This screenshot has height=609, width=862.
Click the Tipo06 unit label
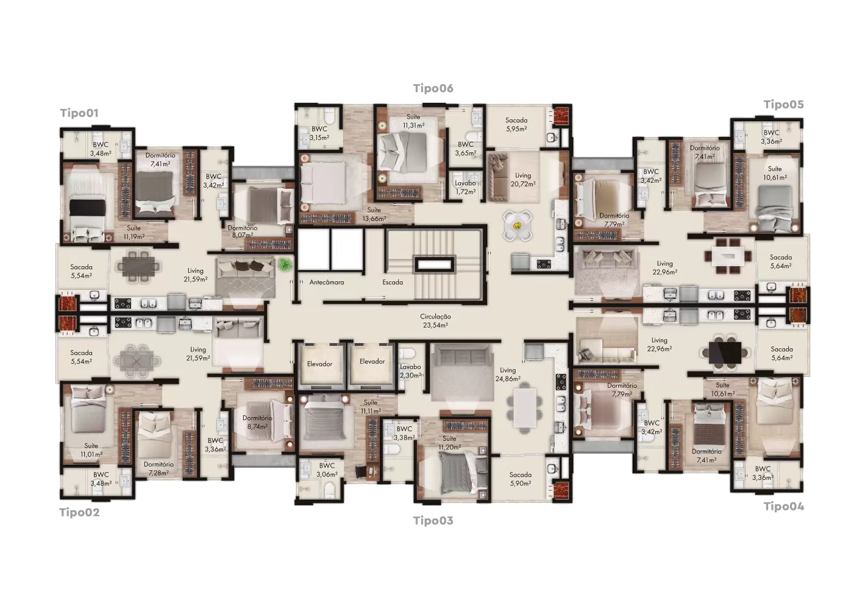pos(433,88)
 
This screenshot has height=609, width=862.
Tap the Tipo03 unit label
pos(433,521)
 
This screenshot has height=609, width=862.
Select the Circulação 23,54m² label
pos(435,321)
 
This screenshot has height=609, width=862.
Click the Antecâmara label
pos(327,282)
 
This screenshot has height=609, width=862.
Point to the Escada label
pos(393,282)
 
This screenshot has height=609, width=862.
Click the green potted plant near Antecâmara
pos(284,264)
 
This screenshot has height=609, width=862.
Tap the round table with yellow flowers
pos(518,226)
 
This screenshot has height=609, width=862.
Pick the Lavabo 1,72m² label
pos(465,187)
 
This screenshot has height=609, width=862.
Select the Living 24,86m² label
pos(508,374)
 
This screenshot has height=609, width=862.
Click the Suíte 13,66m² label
pos(374,214)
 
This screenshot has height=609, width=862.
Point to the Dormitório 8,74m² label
pos(257,422)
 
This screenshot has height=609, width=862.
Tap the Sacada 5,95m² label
pos(516,125)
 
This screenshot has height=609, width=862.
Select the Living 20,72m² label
pos(523,180)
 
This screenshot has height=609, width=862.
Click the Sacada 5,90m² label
pos(520,479)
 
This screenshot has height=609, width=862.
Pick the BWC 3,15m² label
pos(319,133)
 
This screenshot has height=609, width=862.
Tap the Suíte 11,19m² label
pos(134,232)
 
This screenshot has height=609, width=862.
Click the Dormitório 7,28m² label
pos(159,468)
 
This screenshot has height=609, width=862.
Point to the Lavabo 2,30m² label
pos(411,371)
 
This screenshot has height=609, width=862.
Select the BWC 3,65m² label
pos(466,149)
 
